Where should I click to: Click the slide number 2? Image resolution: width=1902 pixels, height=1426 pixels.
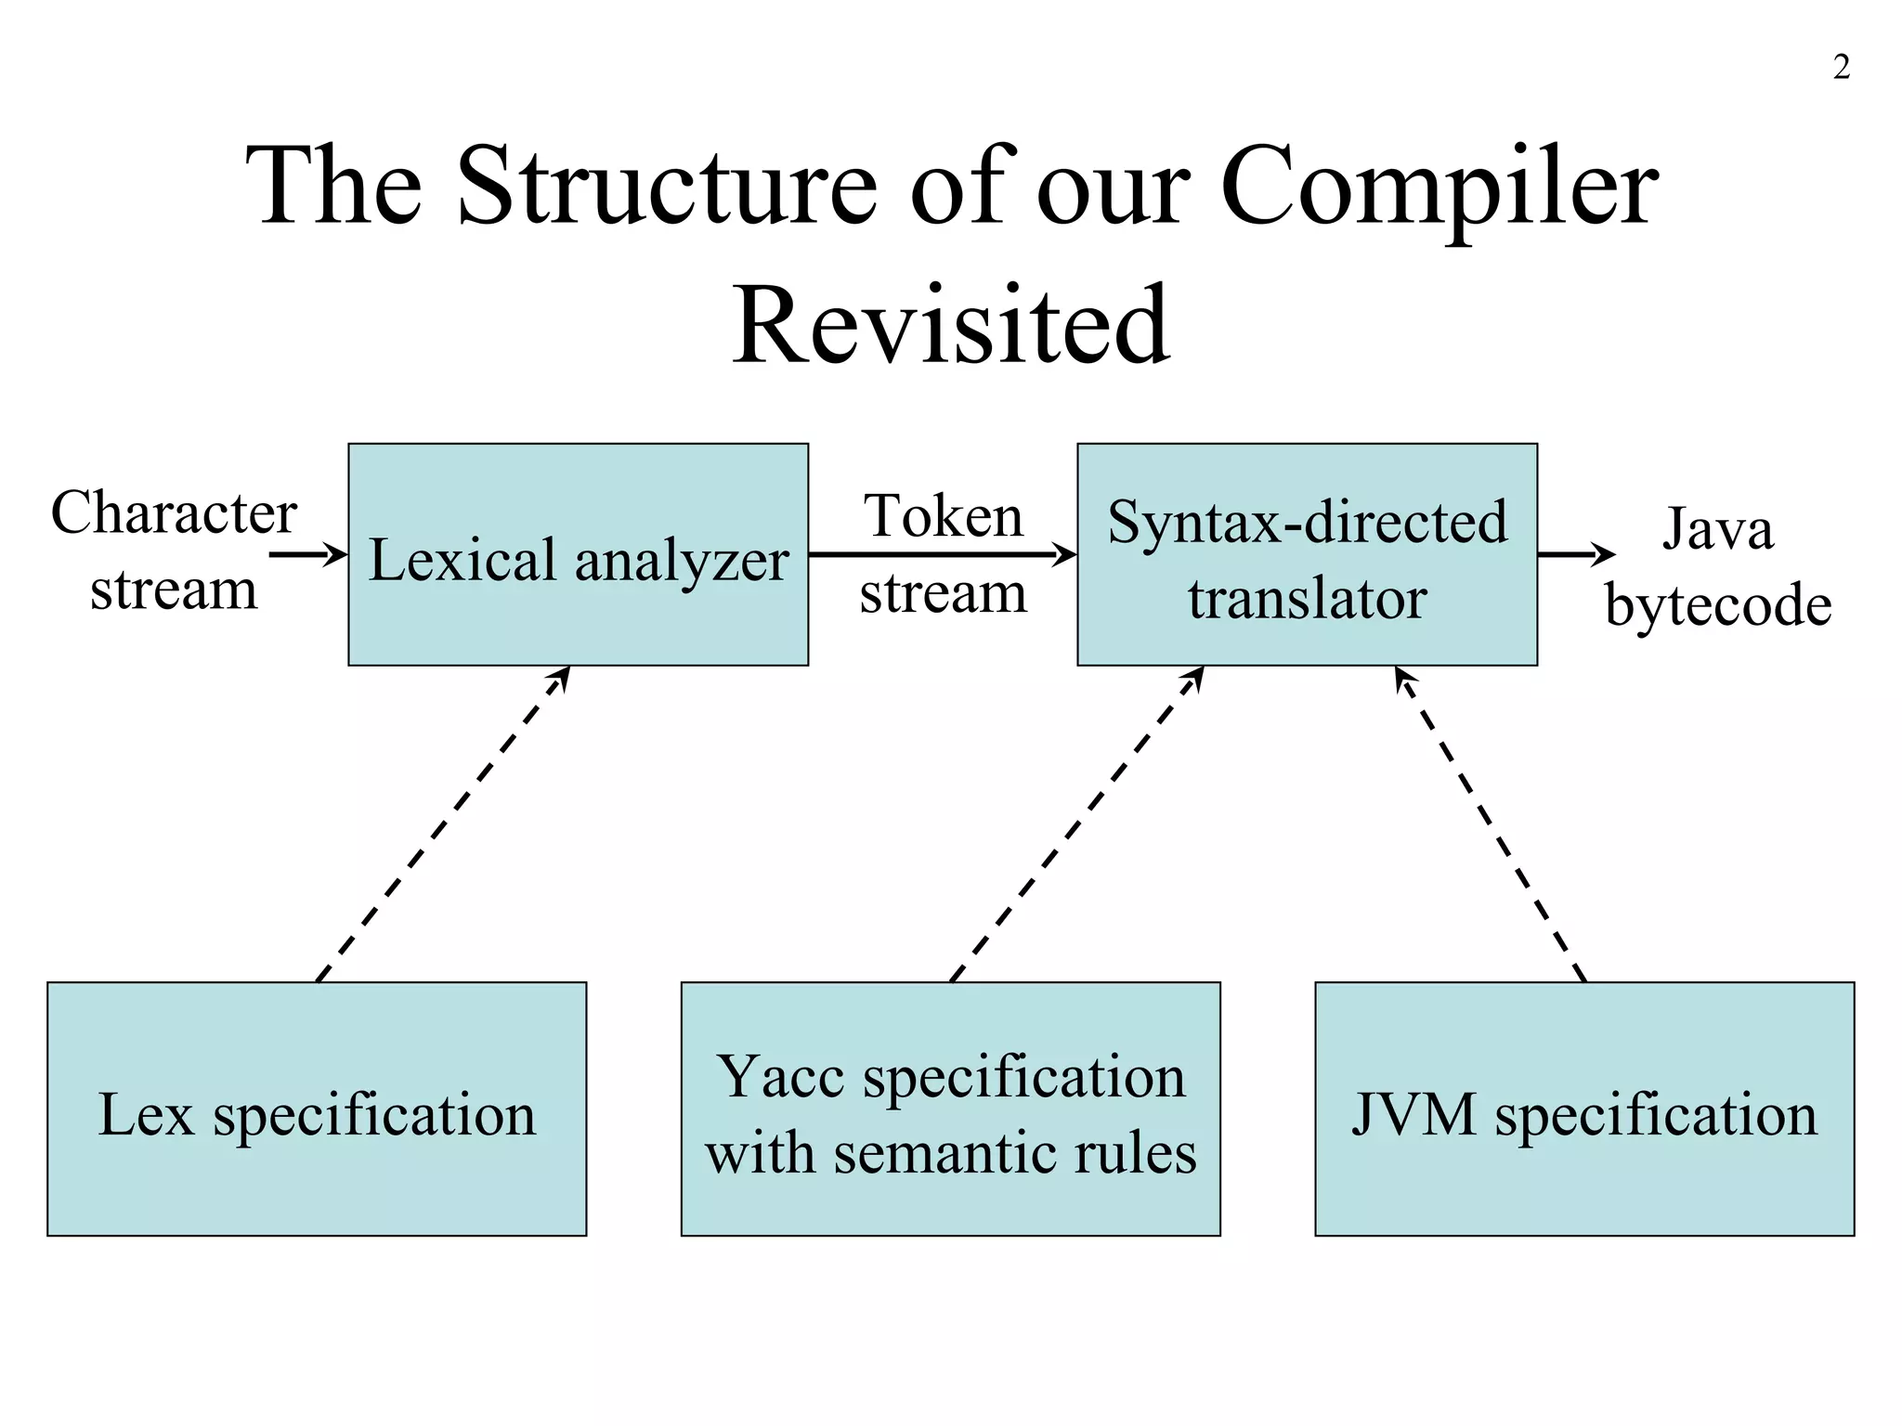[x=1841, y=68]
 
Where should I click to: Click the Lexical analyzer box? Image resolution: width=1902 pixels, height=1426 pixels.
[x=578, y=554]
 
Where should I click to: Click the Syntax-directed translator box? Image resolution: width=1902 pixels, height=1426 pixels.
[x=1307, y=554]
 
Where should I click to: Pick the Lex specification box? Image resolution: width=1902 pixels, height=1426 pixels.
[x=317, y=1108]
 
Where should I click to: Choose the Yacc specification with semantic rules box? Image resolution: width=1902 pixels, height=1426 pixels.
[x=950, y=1108]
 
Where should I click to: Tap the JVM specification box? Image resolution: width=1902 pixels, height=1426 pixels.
[x=1584, y=1108]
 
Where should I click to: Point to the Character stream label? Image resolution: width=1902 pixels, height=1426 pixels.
[x=174, y=550]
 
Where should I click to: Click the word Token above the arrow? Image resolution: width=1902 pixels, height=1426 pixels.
[x=943, y=516]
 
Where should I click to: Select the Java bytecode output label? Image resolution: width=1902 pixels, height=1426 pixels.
[x=1718, y=566]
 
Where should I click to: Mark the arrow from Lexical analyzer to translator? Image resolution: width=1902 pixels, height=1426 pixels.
[x=942, y=555]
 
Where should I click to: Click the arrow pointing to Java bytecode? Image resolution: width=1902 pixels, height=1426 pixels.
[x=1576, y=555]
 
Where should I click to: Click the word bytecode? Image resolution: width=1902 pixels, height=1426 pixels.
[x=1718, y=605]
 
